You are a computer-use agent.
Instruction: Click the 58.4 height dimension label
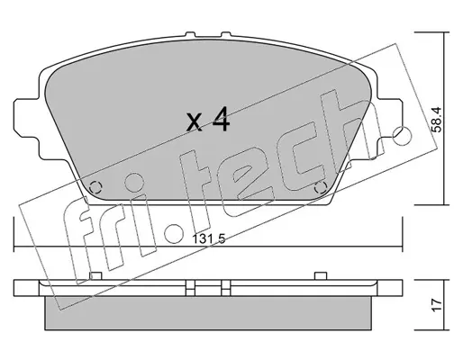(437, 120)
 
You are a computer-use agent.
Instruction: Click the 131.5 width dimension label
(209, 239)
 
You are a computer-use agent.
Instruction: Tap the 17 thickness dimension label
(437, 305)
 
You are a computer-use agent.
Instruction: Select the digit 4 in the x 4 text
(221, 121)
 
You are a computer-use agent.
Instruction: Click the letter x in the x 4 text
(195, 123)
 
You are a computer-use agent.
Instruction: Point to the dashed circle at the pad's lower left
(96, 188)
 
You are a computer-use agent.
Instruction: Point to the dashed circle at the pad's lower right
(321, 188)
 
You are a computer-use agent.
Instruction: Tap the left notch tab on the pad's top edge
(189, 36)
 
